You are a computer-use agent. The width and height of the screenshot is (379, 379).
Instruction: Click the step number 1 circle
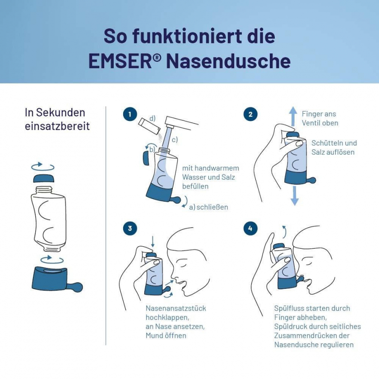(x=130, y=114)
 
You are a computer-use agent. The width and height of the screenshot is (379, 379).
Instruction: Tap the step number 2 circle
(x=250, y=114)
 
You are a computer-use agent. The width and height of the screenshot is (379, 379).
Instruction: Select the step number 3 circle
(x=130, y=228)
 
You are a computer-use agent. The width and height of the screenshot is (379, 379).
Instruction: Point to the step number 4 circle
(x=250, y=228)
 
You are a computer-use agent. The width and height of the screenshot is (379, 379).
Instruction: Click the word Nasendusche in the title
(x=228, y=61)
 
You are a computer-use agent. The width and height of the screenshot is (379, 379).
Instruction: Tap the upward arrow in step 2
(x=294, y=116)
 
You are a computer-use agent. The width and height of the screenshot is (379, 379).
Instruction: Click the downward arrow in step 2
(x=294, y=195)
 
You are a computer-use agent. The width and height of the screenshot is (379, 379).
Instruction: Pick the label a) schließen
(x=208, y=207)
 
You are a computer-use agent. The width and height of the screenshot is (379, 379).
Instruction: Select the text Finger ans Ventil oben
(x=320, y=118)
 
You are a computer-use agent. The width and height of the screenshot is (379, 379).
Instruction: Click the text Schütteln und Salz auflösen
(x=334, y=148)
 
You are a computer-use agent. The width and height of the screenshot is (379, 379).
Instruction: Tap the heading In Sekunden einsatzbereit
(x=57, y=120)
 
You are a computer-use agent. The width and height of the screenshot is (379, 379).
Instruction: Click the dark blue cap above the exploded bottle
(x=43, y=178)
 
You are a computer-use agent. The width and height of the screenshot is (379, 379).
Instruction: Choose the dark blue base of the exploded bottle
(x=57, y=279)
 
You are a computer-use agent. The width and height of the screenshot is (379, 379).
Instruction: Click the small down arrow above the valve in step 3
(x=153, y=242)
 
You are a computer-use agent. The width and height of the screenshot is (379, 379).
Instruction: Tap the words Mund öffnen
(x=166, y=336)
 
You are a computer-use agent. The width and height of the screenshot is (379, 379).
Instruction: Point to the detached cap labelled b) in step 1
(x=146, y=158)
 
